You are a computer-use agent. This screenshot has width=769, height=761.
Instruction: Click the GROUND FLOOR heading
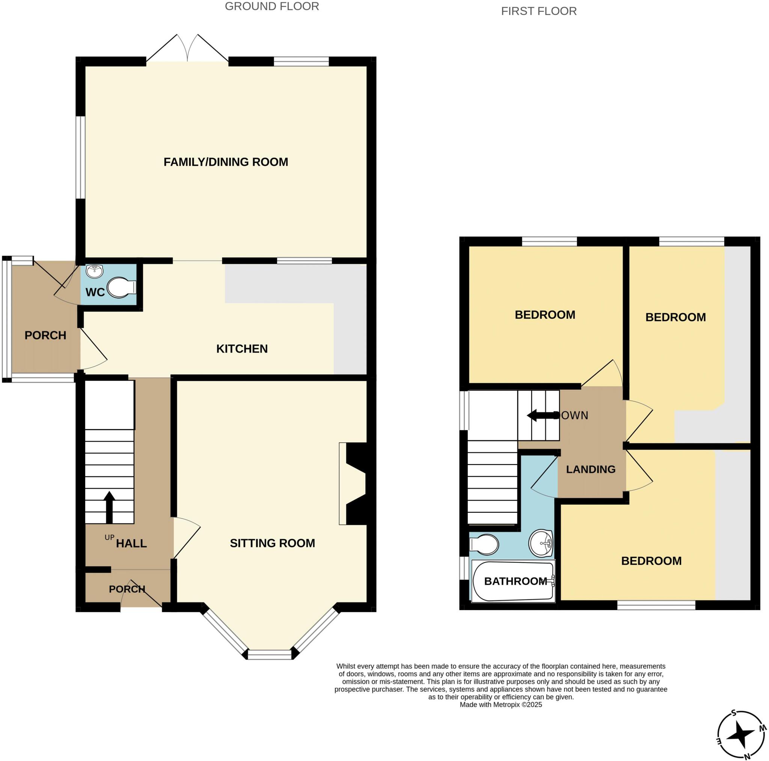click(272, 7)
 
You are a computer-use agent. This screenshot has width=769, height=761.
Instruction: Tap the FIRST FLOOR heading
click(538, 12)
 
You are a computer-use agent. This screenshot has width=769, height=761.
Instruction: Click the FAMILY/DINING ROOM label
click(226, 162)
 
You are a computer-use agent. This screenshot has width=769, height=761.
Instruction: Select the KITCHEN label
click(241, 349)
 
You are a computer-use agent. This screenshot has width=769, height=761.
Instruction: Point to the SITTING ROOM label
click(272, 543)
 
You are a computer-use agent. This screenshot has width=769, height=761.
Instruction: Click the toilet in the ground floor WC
click(121, 287)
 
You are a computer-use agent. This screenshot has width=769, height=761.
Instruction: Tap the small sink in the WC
click(94, 271)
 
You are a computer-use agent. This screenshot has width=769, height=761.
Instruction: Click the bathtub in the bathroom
click(513, 581)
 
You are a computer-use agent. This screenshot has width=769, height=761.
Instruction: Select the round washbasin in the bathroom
click(541, 543)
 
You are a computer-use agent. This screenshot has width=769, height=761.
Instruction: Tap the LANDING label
click(590, 469)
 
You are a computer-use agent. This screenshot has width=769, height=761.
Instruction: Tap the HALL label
click(131, 543)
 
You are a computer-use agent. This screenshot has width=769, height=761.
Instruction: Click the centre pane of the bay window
click(270, 654)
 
